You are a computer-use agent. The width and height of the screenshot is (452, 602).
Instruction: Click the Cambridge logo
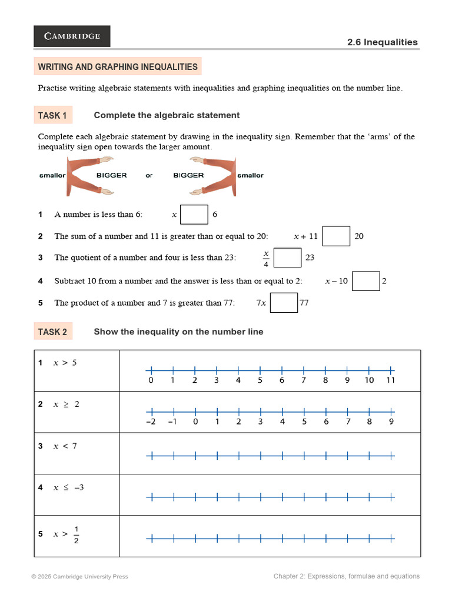click(72, 36)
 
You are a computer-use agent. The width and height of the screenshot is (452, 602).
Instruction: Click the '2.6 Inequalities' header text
click(390, 42)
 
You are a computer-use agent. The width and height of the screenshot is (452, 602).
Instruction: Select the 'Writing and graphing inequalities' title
click(118, 66)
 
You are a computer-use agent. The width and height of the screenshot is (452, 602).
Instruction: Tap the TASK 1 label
click(52, 115)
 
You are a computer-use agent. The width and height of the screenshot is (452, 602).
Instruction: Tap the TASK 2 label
click(52, 332)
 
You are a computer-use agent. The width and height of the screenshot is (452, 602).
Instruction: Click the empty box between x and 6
click(194, 215)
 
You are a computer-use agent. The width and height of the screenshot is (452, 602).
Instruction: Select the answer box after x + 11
click(337, 236)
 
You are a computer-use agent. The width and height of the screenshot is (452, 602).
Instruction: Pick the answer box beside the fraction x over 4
click(288, 257)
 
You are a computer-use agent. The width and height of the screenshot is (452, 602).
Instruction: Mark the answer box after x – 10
click(366, 281)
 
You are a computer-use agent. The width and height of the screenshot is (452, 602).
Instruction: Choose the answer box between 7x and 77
click(284, 303)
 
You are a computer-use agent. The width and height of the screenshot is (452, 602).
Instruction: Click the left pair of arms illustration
click(88, 176)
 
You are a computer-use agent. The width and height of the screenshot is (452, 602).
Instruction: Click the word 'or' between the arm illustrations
click(149, 176)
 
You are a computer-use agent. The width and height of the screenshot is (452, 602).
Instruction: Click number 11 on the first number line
click(391, 380)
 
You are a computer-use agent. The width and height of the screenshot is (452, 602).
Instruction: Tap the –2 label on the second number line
click(151, 422)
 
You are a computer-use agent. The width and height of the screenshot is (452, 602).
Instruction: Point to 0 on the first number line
click(151, 380)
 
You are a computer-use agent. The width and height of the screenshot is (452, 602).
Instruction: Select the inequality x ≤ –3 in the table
click(69, 487)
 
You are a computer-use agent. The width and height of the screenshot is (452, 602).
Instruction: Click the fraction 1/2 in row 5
click(77, 535)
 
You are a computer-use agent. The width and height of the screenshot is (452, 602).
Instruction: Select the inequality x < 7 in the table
click(65, 446)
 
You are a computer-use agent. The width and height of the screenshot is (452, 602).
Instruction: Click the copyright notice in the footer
click(79, 577)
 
